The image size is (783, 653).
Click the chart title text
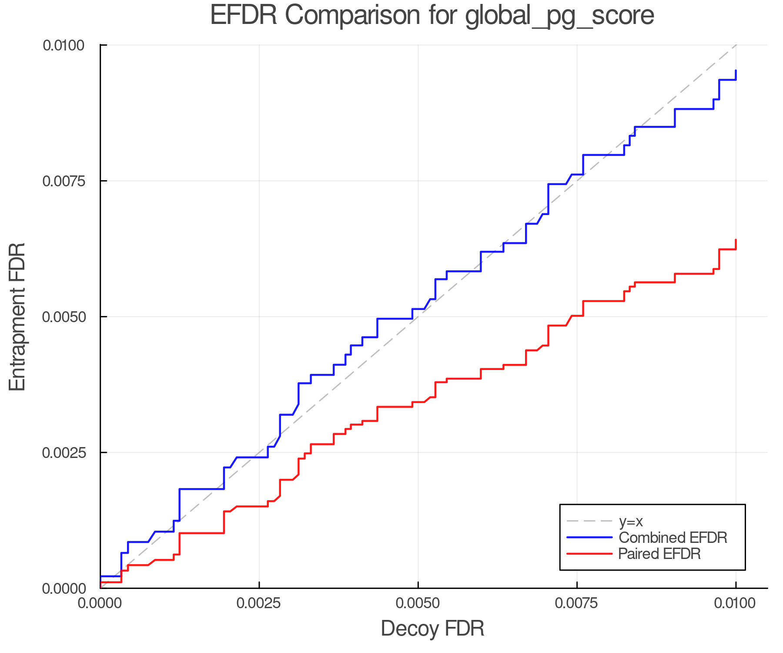[x=432, y=16]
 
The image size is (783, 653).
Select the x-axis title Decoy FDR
[x=432, y=629]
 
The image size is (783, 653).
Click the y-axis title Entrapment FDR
[x=17, y=316]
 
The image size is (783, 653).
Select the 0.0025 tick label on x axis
[x=259, y=603]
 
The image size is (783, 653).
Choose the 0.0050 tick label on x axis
[x=418, y=603]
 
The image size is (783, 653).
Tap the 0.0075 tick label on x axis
[x=577, y=603]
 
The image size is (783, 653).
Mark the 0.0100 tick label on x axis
[x=736, y=603]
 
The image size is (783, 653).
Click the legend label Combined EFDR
[x=673, y=538]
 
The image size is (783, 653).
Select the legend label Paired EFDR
[x=659, y=554]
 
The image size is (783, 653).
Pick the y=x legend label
[x=631, y=521]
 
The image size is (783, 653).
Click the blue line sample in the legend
[x=589, y=538]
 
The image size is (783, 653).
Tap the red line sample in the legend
[x=589, y=554]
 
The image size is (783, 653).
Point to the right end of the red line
[x=736, y=240]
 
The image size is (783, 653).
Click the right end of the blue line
[x=736, y=71]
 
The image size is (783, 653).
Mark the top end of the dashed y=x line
[x=736, y=45]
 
